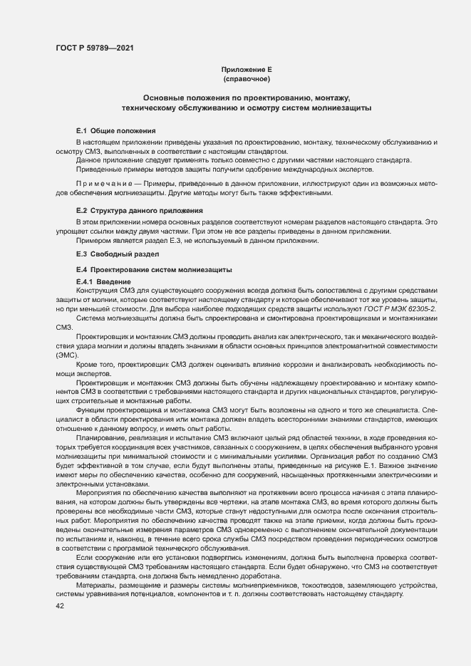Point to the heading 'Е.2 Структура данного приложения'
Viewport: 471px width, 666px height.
pyautogui.click(x=140, y=211)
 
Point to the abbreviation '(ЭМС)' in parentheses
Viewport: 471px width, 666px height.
pyautogui.click(x=67, y=354)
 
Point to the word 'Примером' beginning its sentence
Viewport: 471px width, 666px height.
pyautogui.click(x=93, y=241)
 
